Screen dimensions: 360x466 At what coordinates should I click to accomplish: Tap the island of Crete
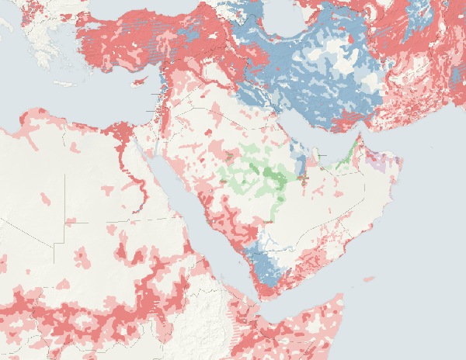coord(65,83)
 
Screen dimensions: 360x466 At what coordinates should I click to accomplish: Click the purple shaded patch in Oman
coord(379,164)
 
